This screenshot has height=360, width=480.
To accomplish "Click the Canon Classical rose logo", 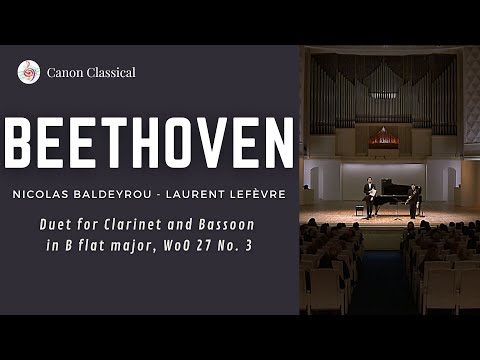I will [29, 72].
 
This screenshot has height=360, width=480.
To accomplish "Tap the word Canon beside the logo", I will [65, 72].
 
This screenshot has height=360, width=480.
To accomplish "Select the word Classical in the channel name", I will [111, 72].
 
